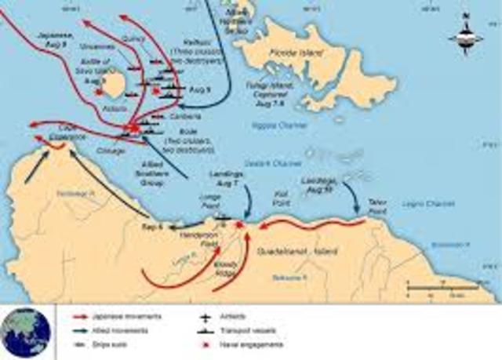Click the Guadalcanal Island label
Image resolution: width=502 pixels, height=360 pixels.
click(295, 249)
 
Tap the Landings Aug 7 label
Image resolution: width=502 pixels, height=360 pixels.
click(229, 177)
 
